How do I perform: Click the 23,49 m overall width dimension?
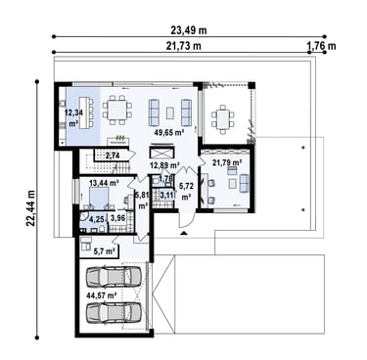pyautogui.click(x=189, y=30)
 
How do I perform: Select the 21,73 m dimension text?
pyautogui.click(x=184, y=46)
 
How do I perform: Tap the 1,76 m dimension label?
pyautogui.click(x=322, y=46)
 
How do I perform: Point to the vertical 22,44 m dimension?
pyautogui.click(x=30, y=207)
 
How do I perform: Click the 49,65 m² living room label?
pyautogui.click(x=169, y=132)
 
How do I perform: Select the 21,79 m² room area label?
pyautogui.click(x=227, y=161)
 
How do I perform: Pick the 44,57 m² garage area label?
pyautogui.click(x=102, y=295)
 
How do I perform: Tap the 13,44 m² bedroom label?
pyautogui.click(x=104, y=183)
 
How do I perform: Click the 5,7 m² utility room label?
pyautogui.click(x=105, y=251)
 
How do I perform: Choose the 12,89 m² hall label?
pyautogui.click(x=164, y=165)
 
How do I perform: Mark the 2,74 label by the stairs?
pyautogui.click(x=112, y=156)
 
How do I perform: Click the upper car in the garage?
pyautogui.click(x=114, y=277)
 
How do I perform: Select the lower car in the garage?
pyautogui.click(x=114, y=312)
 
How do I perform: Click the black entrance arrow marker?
pyautogui.click(x=184, y=233)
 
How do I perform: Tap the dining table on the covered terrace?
pyautogui.click(x=223, y=119)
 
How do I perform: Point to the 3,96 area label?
pyautogui.click(x=118, y=218)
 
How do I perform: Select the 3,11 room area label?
pyautogui.click(x=166, y=196)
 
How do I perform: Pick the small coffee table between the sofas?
pyautogui.click(x=170, y=112)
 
